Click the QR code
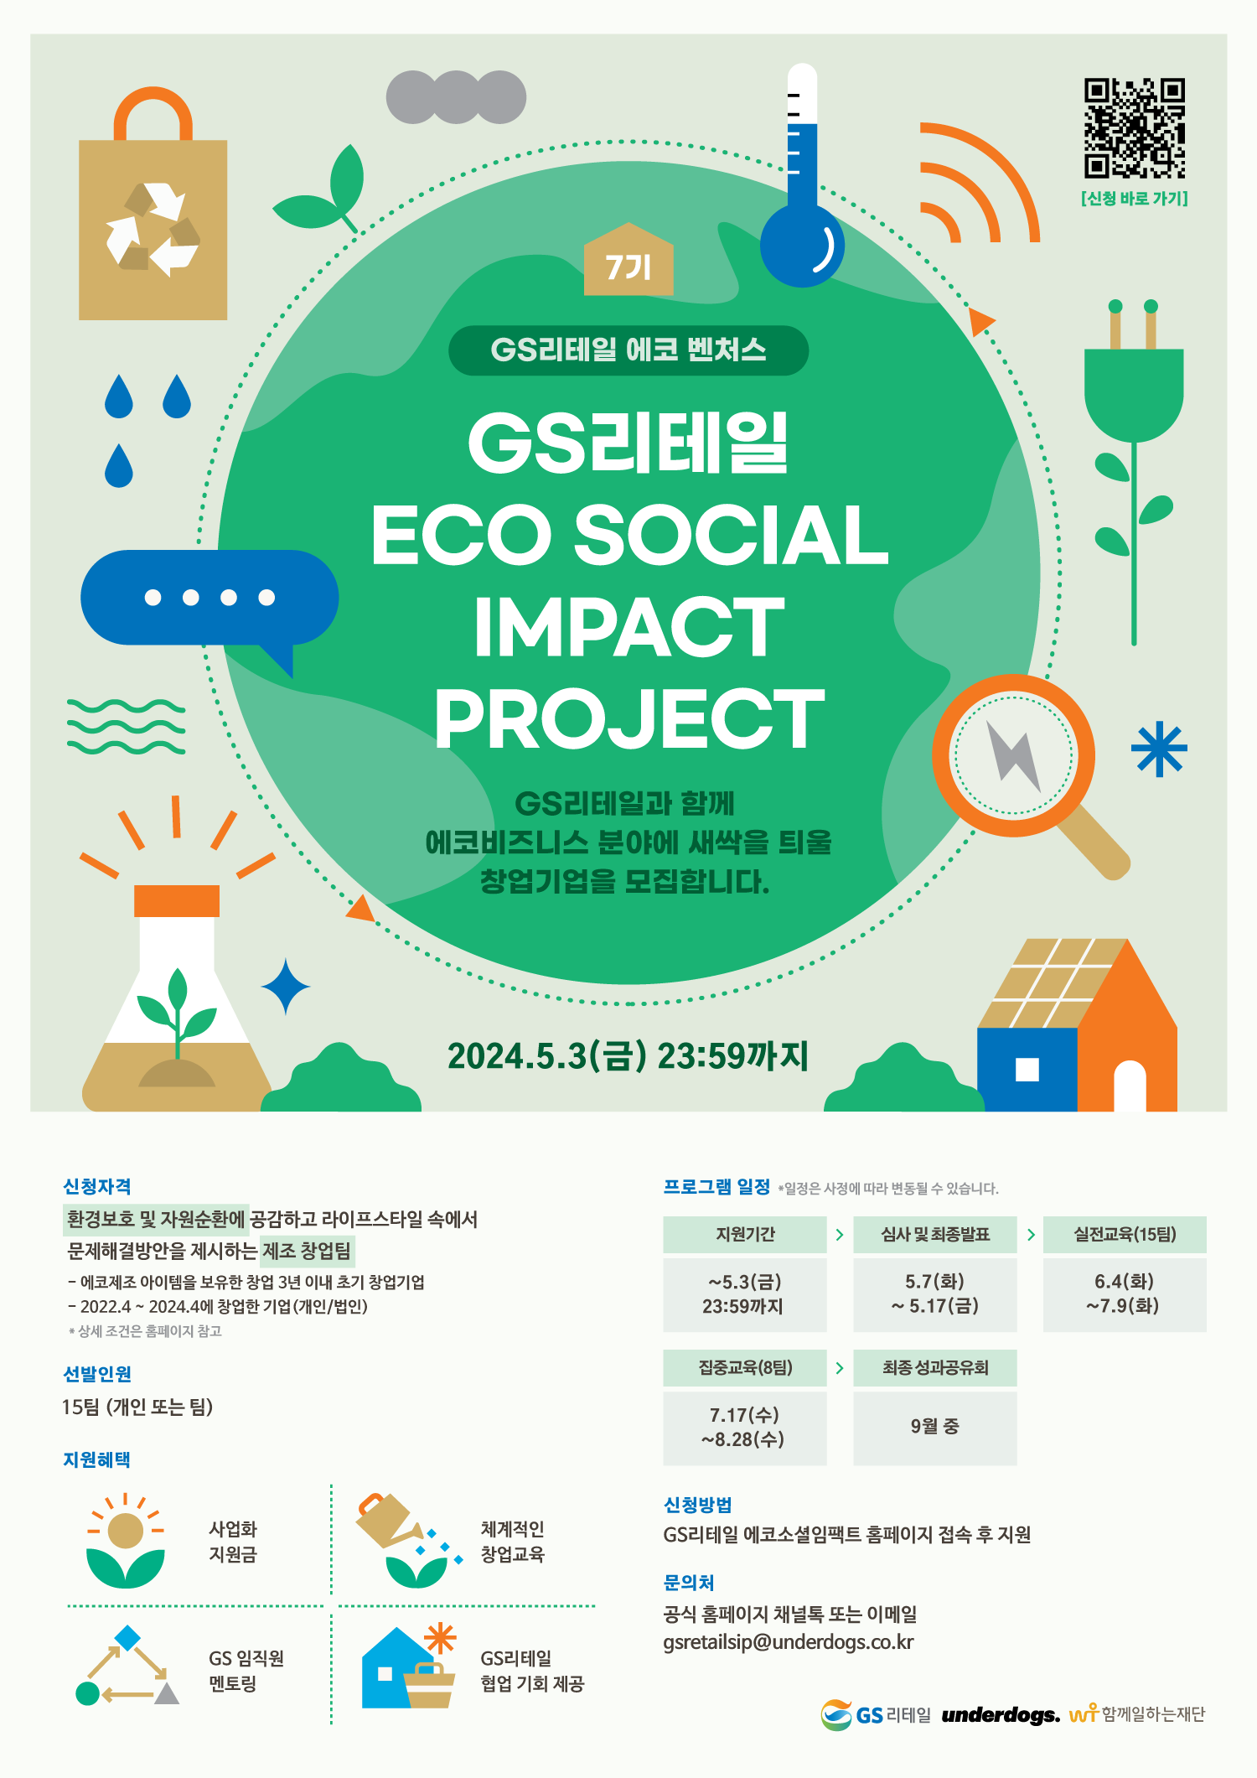pos(1135,128)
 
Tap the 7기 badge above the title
pos(628,260)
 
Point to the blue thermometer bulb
pos(802,246)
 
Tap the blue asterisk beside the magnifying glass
pos(1159,749)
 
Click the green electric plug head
pos(1134,394)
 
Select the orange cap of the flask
pos(177,901)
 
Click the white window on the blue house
pos(1027,1070)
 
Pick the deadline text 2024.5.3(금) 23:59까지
pos(628,1056)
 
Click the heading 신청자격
pos(97,1187)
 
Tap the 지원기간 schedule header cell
pos(745,1235)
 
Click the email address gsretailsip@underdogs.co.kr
pos(789,1642)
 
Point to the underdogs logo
pos(1001,1715)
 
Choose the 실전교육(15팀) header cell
pos(1125,1235)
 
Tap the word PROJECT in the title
pos(629,719)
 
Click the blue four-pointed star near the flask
pos(286,987)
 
